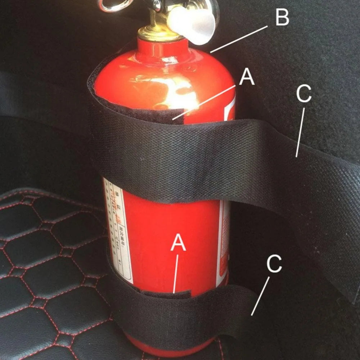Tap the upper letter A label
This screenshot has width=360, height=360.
pos(247,77)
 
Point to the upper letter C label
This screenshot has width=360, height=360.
pos(303,95)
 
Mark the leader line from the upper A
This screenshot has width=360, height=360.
pos(203,102)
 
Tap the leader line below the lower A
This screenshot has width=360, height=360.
pos(176,274)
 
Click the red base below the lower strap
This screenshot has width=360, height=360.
pos(169,347)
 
